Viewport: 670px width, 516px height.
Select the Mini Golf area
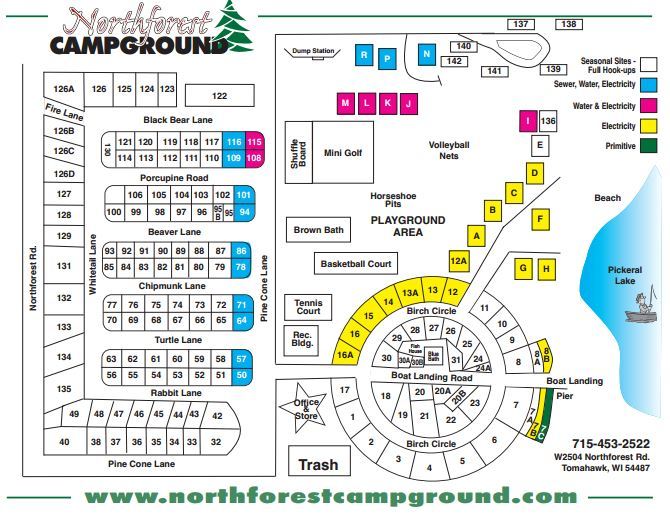coord(342,152)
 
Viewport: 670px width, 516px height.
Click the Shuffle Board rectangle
coord(296,152)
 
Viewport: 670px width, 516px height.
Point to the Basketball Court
coord(356,264)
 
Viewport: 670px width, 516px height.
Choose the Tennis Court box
coord(308,306)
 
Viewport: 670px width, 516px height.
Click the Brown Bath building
coord(319,230)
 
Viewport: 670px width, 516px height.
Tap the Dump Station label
coord(312,51)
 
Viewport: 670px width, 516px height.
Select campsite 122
coord(220,96)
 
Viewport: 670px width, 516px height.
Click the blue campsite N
coord(427,54)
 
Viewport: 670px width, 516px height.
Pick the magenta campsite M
coord(345,103)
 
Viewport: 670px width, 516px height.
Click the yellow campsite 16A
coord(346,353)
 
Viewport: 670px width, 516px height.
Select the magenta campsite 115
coord(254,142)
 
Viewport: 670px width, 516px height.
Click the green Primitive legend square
coord(650,146)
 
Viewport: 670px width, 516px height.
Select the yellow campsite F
coord(540,219)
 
